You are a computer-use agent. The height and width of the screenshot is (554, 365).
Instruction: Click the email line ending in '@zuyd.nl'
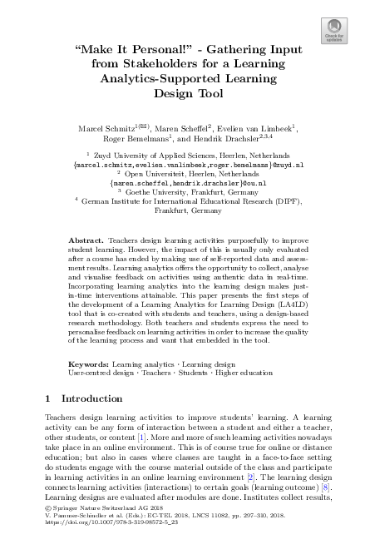click(182, 165)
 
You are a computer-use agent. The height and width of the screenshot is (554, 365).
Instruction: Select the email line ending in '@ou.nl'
click(182, 182)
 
